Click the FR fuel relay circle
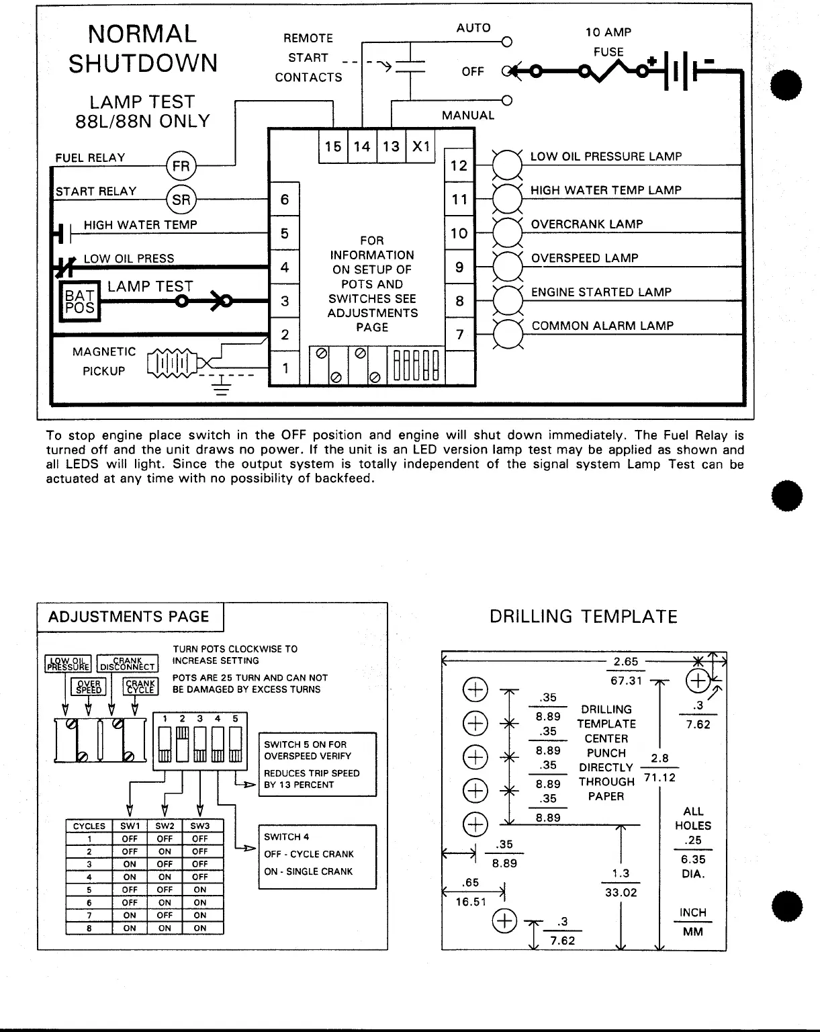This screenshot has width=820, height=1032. pos(181,166)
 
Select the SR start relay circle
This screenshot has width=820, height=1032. pos(181,200)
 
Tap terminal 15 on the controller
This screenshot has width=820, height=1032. pos(333,146)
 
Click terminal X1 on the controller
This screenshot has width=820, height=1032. pos(421,146)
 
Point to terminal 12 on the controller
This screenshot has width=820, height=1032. pos(459,165)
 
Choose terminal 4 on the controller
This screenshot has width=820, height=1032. pos(285,267)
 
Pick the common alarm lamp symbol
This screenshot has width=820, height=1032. pos(507,334)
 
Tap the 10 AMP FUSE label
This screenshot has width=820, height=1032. pos(608,42)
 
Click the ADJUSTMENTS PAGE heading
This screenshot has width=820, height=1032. pos(129,617)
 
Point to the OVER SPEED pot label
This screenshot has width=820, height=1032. pos(89,687)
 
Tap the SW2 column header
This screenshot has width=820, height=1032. pos(165,826)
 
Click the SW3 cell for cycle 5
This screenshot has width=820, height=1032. pos(200,890)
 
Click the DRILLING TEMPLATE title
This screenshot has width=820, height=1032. pos(583,617)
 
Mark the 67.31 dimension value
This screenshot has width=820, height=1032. pos(626,681)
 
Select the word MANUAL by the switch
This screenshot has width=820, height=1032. pos(468,116)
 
